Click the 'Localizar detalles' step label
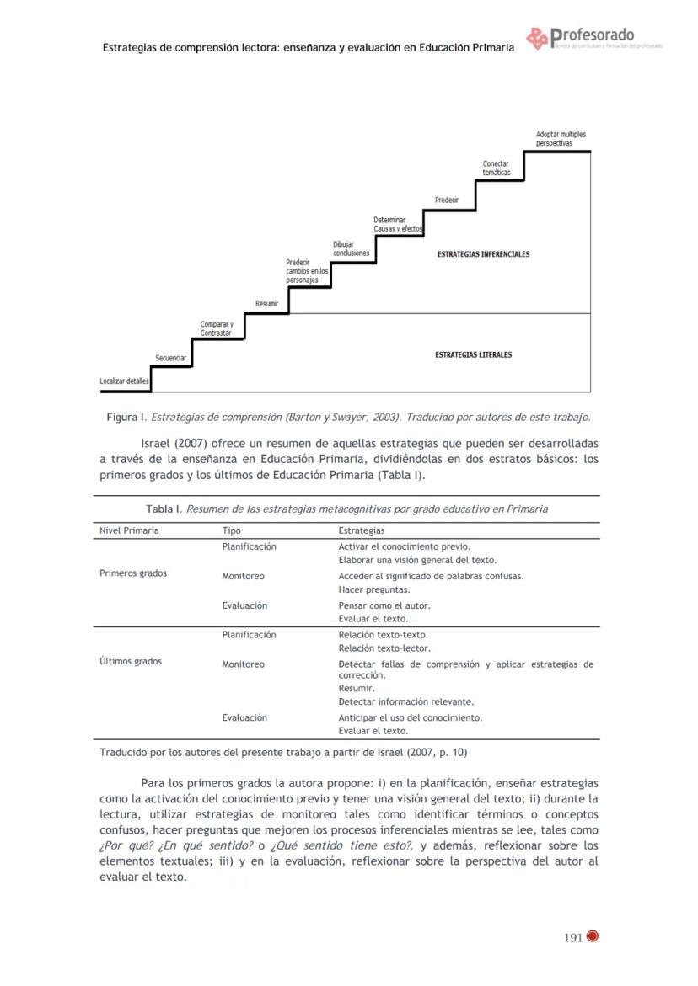click(124, 381)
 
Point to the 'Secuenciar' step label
click(170, 359)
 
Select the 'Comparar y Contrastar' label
click(217, 329)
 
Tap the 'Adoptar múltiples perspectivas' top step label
click(561, 139)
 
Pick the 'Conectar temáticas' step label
click(496, 168)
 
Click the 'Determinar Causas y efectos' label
click(398, 224)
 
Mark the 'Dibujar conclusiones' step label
click(351, 248)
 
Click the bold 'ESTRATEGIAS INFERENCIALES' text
click(483, 253)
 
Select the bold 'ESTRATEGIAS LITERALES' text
click(473, 354)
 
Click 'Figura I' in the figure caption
click(126, 417)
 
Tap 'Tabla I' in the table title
click(164, 509)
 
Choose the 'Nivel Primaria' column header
click(129, 531)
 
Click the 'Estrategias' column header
click(361, 531)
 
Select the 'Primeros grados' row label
click(133, 573)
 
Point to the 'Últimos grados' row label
click(131, 662)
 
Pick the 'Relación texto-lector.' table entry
click(384, 648)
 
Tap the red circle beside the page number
click(593, 936)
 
